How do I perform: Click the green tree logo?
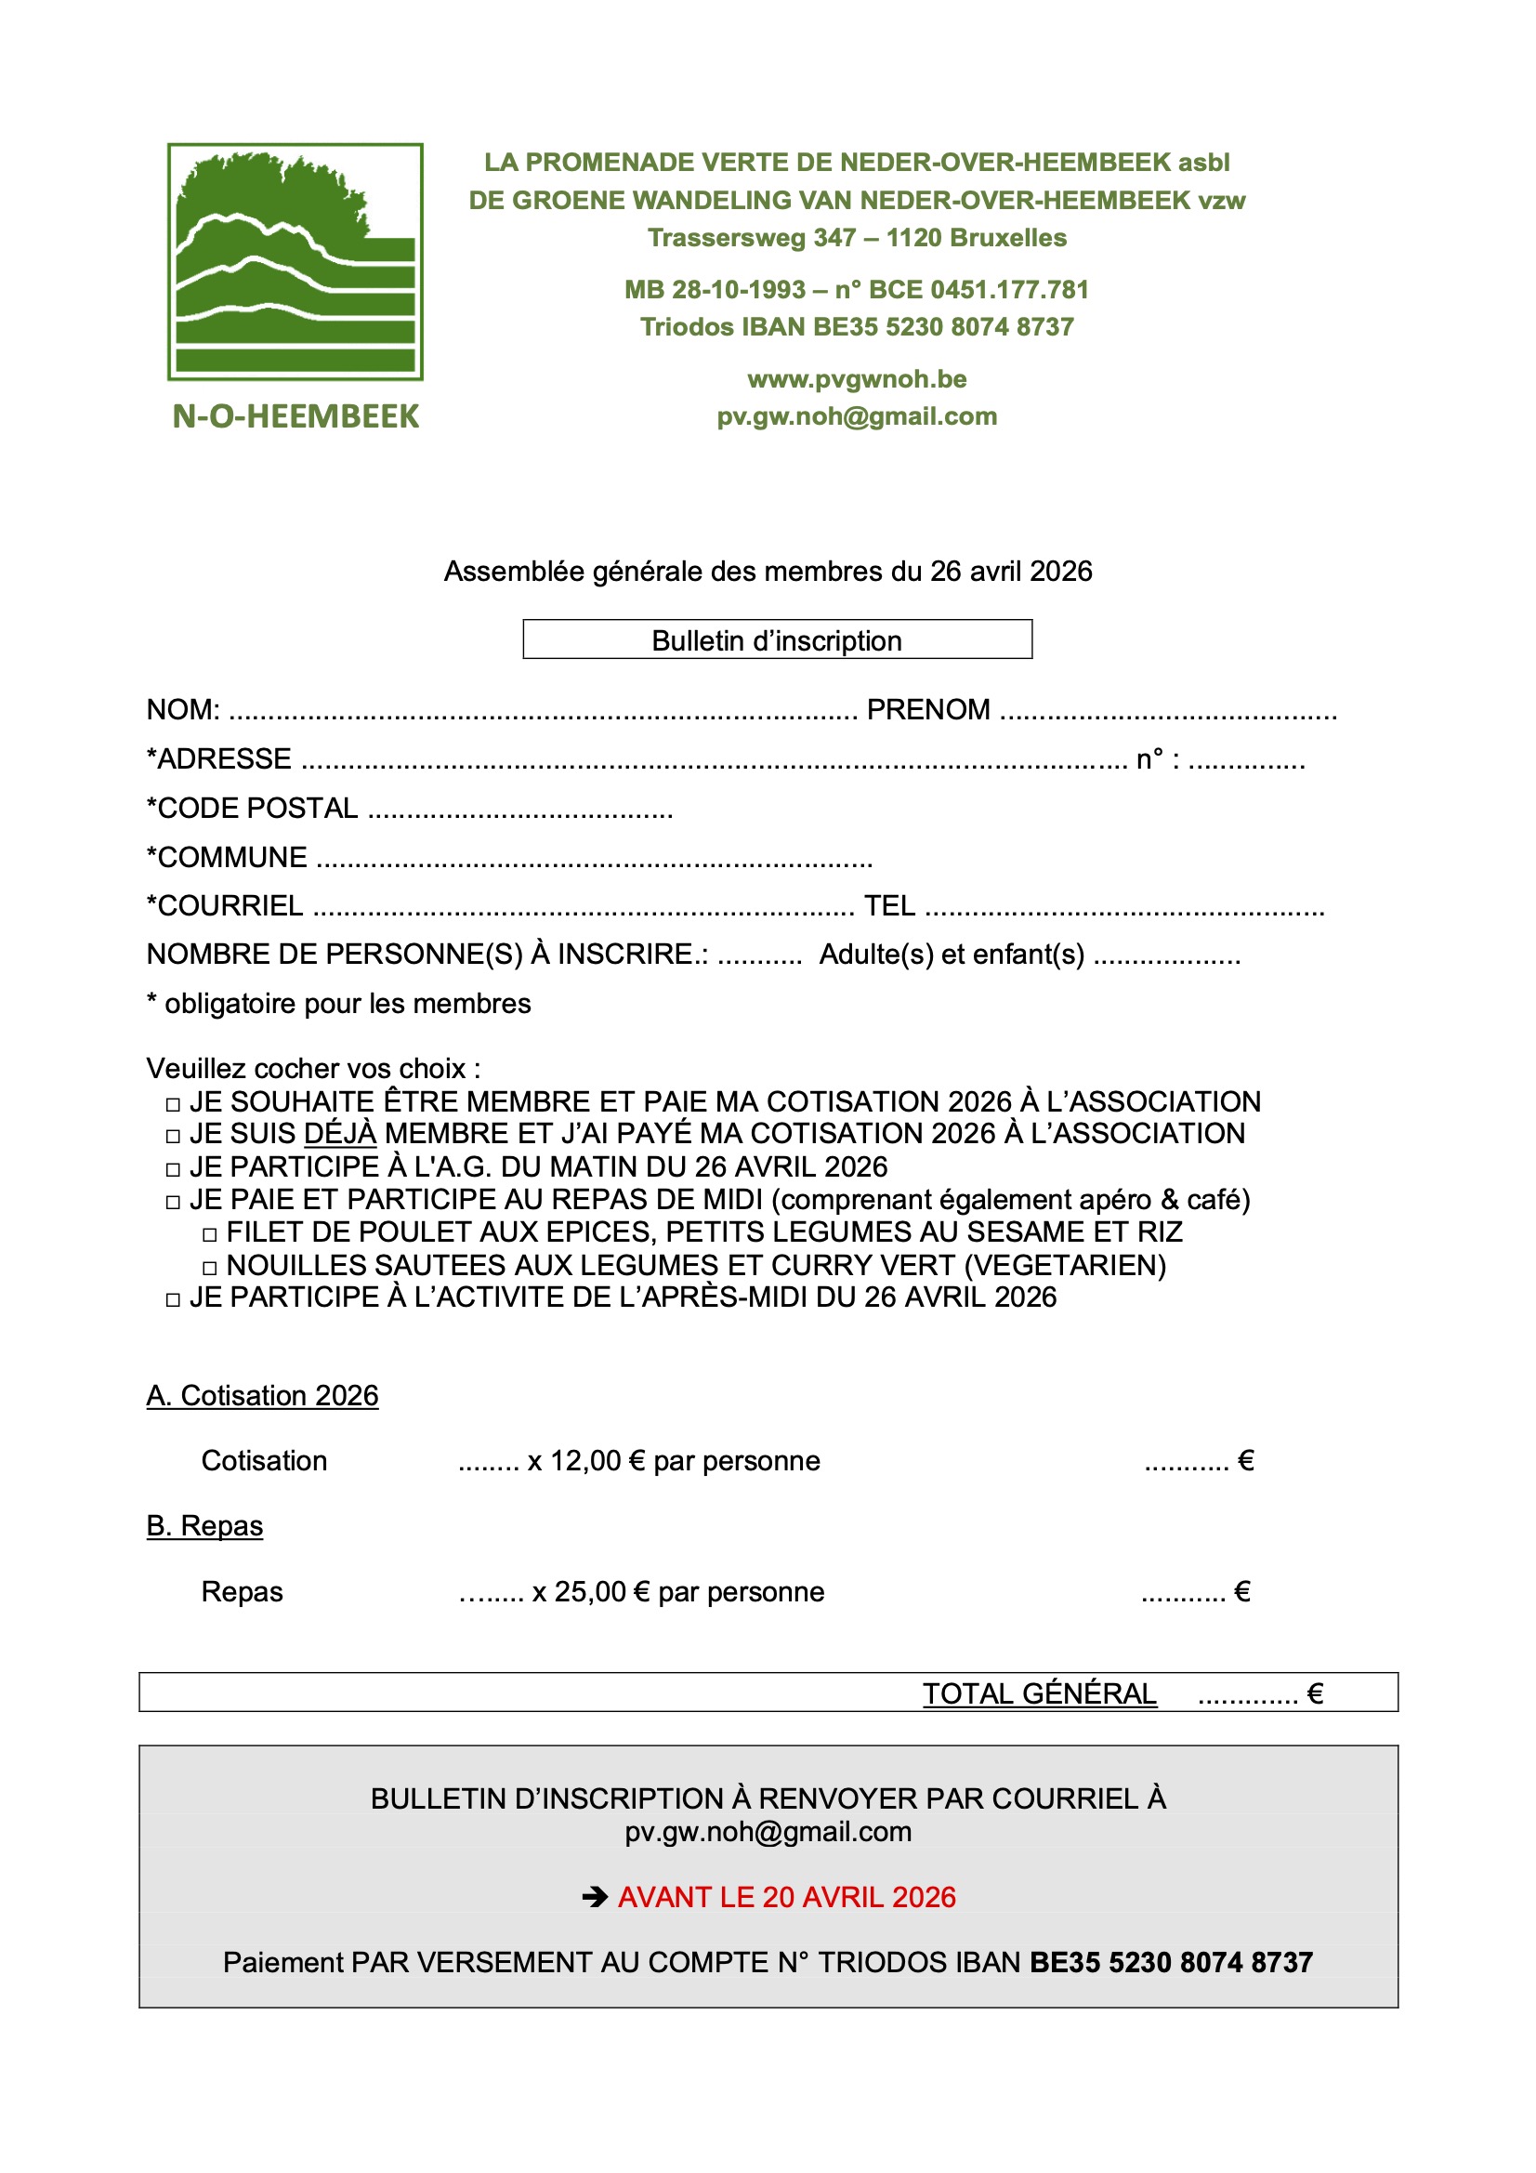point(295,261)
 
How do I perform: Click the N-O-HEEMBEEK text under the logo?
point(295,416)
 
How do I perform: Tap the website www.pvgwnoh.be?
point(857,378)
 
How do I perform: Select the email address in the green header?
point(857,416)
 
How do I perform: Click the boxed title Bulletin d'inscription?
point(776,640)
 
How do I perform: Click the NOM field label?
point(183,710)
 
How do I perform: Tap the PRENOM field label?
point(927,710)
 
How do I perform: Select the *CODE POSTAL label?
point(253,809)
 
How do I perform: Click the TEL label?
point(888,906)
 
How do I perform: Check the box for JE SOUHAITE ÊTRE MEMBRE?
point(172,1104)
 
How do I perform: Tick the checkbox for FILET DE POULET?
point(210,1234)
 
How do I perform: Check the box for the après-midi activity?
point(172,1299)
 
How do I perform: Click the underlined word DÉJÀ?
point(340,1133)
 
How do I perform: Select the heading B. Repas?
point(204,1525)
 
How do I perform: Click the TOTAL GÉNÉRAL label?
point(1039,1693)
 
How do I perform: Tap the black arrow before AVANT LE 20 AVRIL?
point(595,1897)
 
